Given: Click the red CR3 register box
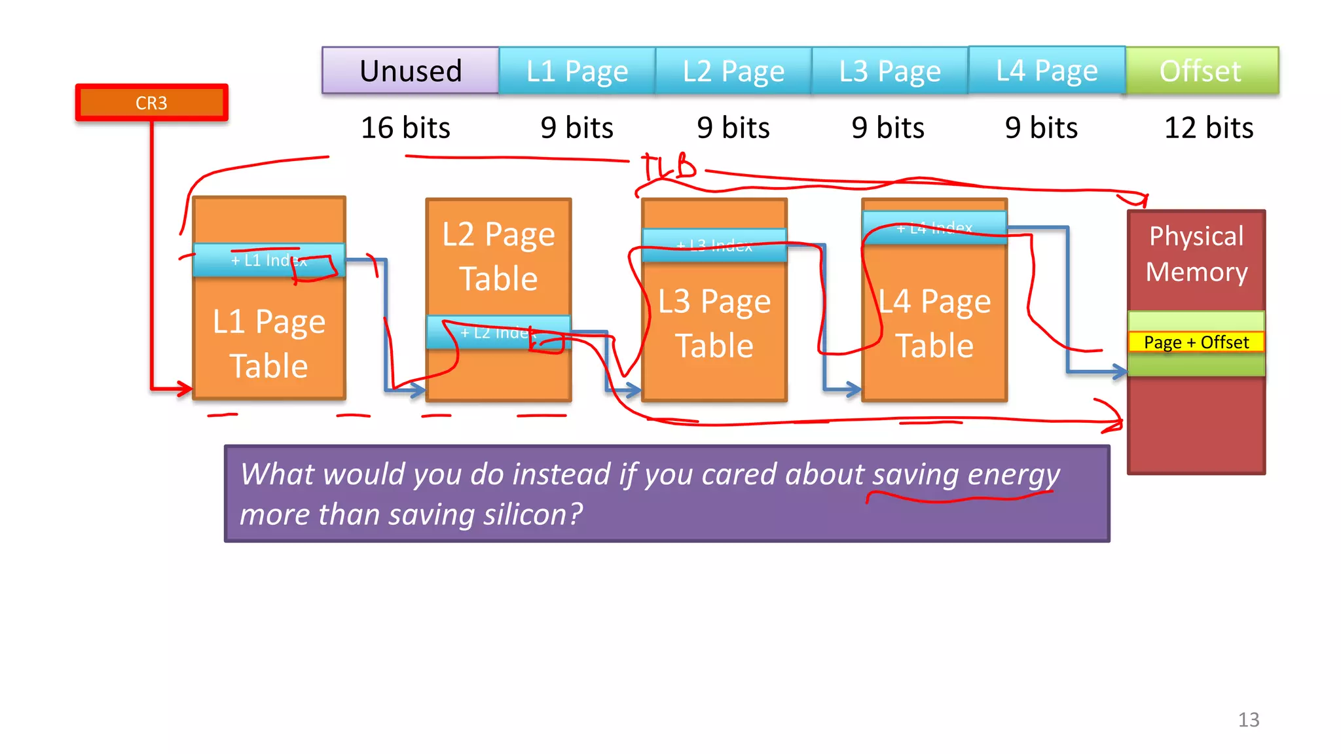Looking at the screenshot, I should [151, 103].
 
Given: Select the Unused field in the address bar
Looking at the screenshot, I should [411, 71].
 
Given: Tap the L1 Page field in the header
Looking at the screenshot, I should [577, 71].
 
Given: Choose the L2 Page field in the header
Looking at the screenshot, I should [733, 71].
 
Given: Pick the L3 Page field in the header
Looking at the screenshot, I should [890, 71].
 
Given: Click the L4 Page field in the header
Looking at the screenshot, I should [1046, 70].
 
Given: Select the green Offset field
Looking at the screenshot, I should [1201, 71].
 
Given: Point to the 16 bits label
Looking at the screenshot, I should [405, 128].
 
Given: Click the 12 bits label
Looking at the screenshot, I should [1208, 128].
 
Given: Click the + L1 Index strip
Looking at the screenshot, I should [268, 260].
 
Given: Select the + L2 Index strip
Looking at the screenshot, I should [498, 332].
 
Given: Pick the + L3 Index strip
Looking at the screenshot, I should [714, 245].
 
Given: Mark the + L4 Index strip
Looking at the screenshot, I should [934, 228].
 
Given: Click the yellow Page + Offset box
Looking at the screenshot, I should [1196, 342].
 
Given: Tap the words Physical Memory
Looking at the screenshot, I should [1196, 254].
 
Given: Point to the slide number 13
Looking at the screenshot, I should [1248, 720].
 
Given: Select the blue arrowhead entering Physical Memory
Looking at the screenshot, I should [1118, 372].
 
